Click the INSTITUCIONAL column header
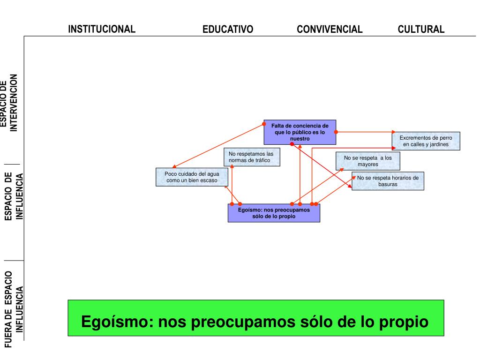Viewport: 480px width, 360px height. click(x=102, y=29)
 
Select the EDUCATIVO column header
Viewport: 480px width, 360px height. click(x=228, y=29)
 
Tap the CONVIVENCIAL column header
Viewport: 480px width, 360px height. click(x=330, y=29)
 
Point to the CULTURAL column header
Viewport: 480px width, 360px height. click(x=421, y=29)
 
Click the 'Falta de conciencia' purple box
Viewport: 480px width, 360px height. click(x=300, y=132)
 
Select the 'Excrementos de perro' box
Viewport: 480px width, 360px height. click(x=426, y=141)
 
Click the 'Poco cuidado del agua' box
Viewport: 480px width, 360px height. click(x=192, y=177)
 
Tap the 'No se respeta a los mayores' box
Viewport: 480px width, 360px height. click(x=367, y=161)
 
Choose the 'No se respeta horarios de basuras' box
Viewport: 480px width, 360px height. click(x=388, y=181)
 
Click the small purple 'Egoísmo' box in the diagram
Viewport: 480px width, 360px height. click(x=274, y=213)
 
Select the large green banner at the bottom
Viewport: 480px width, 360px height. click(x=256, y=318)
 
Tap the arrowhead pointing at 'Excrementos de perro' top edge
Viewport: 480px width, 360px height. click(x=393, y=132)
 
